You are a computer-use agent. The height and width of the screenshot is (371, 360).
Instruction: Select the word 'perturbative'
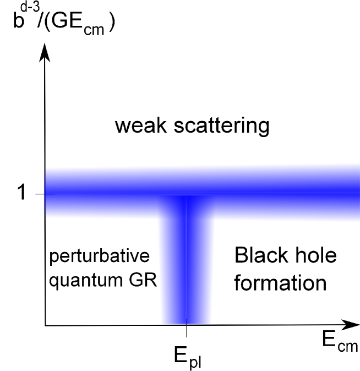pyautogui.click(x=100, y=258)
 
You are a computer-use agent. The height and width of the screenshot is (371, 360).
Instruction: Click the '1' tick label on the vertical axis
pyautogui.click(x=22, y=194)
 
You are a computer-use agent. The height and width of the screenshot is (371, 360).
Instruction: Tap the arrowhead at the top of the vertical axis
pyautogui.click(x=45, y=52)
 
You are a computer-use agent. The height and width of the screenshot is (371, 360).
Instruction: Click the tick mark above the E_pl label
pyautogui.click(x=187, y=330)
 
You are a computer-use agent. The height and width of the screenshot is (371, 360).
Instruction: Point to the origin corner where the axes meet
pyautogui.click(x=45, y=325)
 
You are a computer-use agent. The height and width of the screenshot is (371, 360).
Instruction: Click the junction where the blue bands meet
pyautogui.click(x=187, y=195)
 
